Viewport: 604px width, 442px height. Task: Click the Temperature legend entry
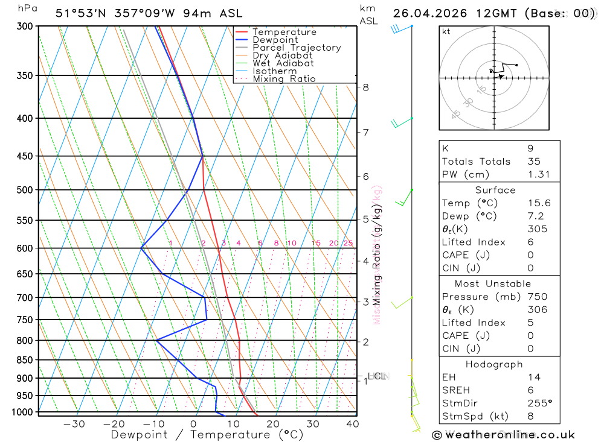click(x=284, y=32)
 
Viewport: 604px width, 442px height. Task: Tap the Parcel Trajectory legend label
click(x=297, y=48)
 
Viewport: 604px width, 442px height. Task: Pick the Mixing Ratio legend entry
click(x=284, y=79)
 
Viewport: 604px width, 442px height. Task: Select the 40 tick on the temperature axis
click(x=352, y=424)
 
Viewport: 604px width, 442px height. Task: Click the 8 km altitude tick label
click(x=365, y=87)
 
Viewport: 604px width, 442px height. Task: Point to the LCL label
click(x=376, y=376)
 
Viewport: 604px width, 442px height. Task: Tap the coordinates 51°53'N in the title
click(x=80, y=13)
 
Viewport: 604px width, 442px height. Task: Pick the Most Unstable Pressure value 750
click(x=537, y=297)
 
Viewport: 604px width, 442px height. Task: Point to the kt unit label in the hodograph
click(x=446, y=31)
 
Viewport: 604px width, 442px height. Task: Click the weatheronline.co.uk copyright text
click(x=503, y=435)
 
